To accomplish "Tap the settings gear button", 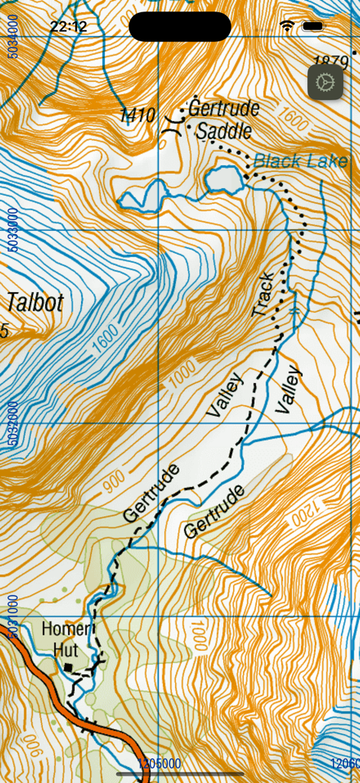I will pos(326,82).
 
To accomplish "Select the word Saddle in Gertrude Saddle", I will pos(223,132).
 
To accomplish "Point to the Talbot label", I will pos(34,303).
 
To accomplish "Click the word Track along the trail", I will pos(263,294).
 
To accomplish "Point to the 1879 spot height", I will pos(332,61).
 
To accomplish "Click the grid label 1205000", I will pos(159,763).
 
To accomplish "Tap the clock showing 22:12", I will pos(69,27).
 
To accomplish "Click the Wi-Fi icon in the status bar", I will pos(287,27).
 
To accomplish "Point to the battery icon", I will pos(313,27).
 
